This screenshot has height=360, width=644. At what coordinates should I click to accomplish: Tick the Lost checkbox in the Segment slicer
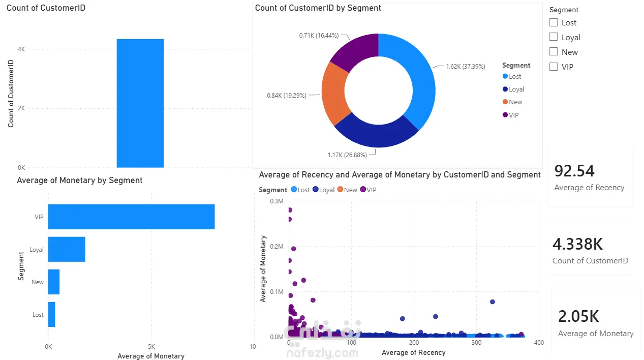coord(553,22)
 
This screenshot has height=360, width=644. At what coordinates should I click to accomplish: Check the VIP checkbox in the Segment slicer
coord(553,67)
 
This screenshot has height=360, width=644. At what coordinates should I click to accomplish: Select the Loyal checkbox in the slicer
coord(553,37)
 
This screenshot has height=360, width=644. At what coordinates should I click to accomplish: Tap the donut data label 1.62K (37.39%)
coord(466,67)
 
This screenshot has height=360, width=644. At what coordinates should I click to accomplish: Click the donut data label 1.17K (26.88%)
coord(347,155)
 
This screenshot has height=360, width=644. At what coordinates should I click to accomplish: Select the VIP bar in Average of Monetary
coord(131,217)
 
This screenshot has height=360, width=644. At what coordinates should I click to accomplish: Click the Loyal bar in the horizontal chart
coord(67,249)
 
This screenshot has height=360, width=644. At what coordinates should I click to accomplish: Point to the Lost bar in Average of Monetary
coord(51,314)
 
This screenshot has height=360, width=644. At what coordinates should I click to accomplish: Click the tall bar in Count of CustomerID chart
coord(140,103)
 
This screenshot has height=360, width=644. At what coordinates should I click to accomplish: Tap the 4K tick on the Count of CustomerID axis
coord(21,49)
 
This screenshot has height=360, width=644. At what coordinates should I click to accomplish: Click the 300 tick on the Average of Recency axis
coord(476,343)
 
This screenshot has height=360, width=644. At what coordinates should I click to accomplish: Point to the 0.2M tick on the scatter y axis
coord(277,247)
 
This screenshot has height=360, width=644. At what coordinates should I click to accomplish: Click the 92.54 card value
coord(574,171)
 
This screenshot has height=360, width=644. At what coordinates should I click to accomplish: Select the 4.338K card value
coord(577,244)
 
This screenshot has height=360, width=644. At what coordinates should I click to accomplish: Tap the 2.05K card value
coord(578,316)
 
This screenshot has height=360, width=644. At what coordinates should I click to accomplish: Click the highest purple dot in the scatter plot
coord(290,210)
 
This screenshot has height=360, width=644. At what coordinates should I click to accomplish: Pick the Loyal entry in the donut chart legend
coord(513,89)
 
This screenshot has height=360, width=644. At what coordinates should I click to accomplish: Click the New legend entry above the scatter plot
coord(347,190)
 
